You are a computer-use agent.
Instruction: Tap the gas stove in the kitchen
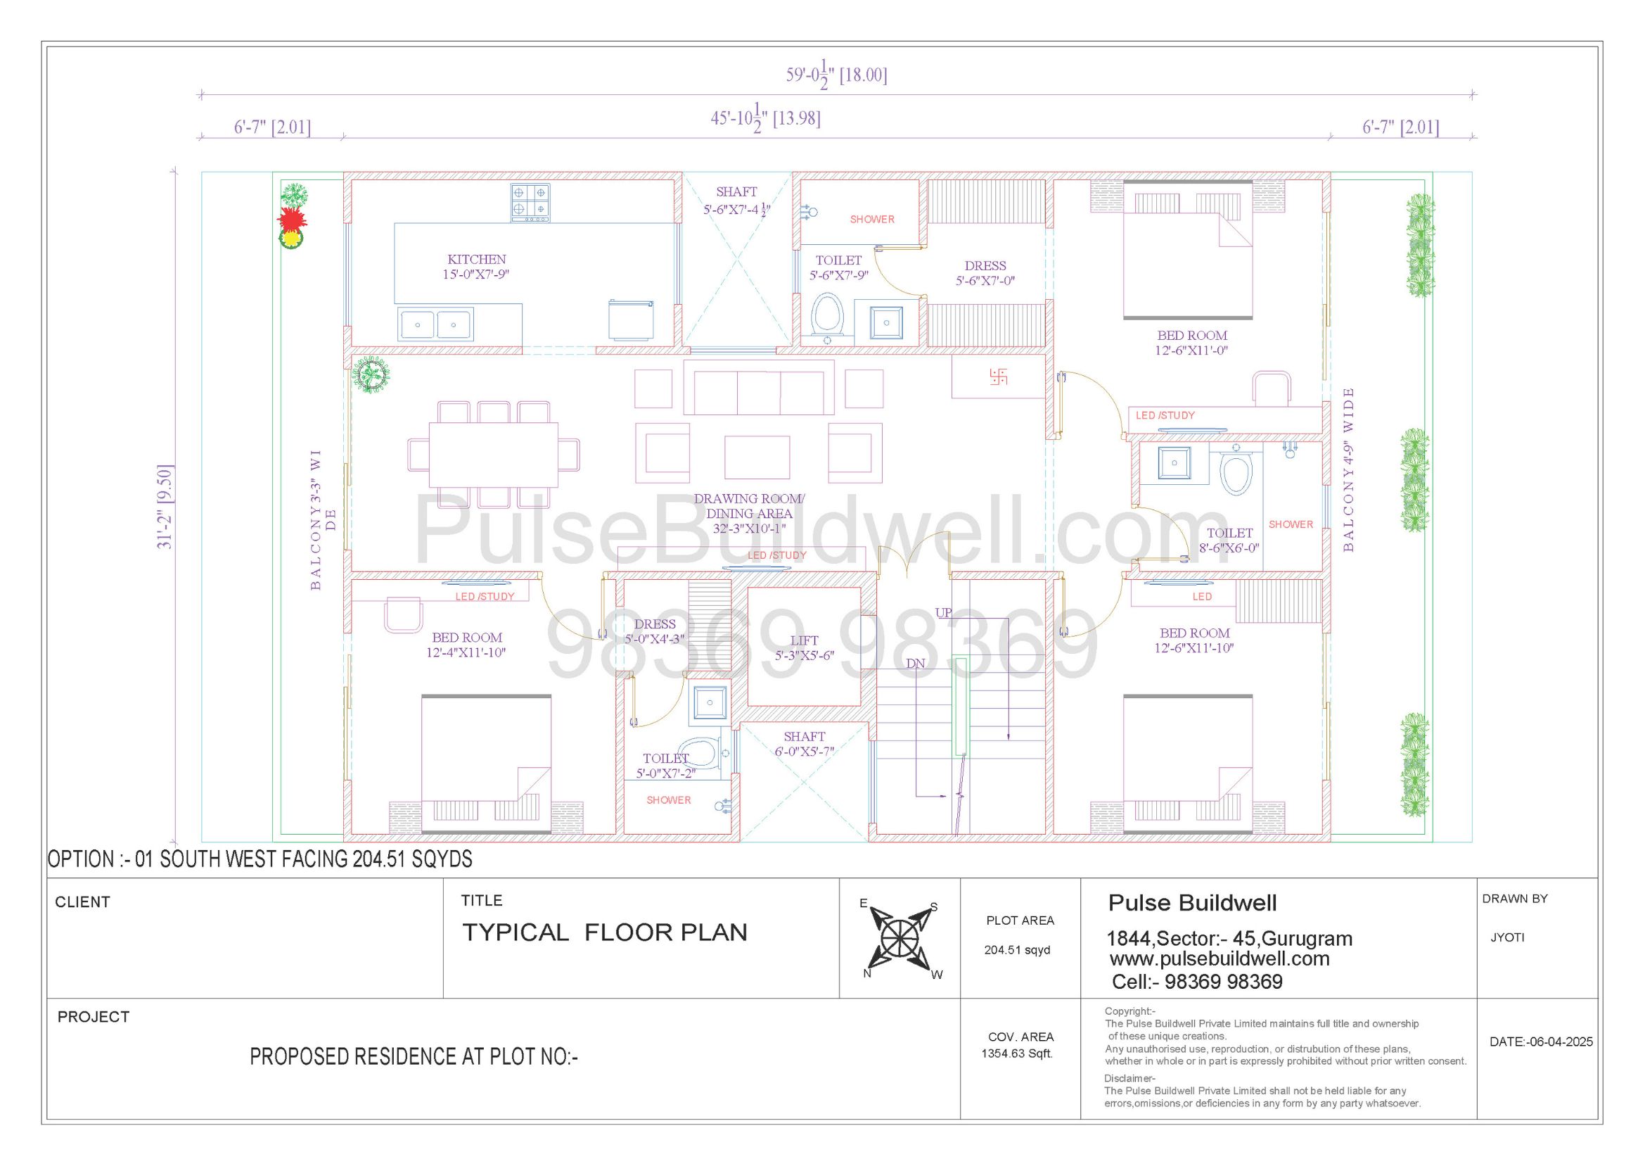tap(530, 202)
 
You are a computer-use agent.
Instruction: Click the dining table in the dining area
tap(494, 455)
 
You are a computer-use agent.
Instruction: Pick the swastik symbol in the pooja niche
tap(998, 377)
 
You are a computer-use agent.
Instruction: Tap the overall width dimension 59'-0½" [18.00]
tap(836, 74)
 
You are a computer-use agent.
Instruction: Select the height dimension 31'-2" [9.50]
tap(165, 507)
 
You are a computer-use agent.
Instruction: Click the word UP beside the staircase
tap(944, 613)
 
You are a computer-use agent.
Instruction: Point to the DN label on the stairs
tap(916, 664)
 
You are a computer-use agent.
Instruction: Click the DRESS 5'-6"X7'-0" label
tap(985, 273)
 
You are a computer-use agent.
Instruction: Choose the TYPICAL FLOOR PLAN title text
tap(605, 932)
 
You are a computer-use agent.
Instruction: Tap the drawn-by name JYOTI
tap(1507, 937)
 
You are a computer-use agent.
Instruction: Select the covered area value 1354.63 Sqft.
tap(1018, 1054)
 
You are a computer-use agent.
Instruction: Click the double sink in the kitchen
tap(435, 324)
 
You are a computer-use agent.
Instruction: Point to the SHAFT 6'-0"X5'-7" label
tap(804, 743)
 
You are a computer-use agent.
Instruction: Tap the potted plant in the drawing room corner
tap(371, 374)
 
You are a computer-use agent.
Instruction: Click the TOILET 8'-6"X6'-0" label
tap(1229, 540)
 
